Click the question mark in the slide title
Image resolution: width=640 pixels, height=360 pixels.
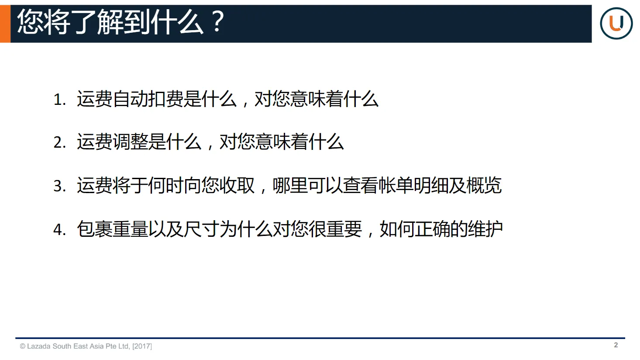(217, 22)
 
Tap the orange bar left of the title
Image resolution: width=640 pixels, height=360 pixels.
(5, 24)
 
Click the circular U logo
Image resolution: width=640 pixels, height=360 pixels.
(616, 23)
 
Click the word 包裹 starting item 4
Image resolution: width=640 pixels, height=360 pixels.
(94, 229)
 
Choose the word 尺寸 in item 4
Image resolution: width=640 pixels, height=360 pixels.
(201, 229)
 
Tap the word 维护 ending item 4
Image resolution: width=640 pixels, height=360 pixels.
(485, 229)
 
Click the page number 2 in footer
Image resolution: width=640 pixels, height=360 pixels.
(616, 345)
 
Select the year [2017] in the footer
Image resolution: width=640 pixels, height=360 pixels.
(142, 346)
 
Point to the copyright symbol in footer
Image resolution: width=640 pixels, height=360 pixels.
(22, 346)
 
